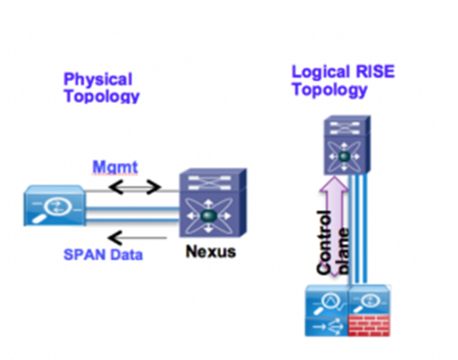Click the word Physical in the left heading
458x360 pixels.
pos(98,79)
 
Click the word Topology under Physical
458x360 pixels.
pos(101,96)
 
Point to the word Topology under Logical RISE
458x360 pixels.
pos(330,90)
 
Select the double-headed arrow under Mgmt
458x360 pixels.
pos(135,188)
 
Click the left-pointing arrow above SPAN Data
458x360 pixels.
pos(137,237)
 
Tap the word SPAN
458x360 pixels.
pos(83,254)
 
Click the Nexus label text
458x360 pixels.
pos(211,252)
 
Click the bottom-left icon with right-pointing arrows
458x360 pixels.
pos(325,326)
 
